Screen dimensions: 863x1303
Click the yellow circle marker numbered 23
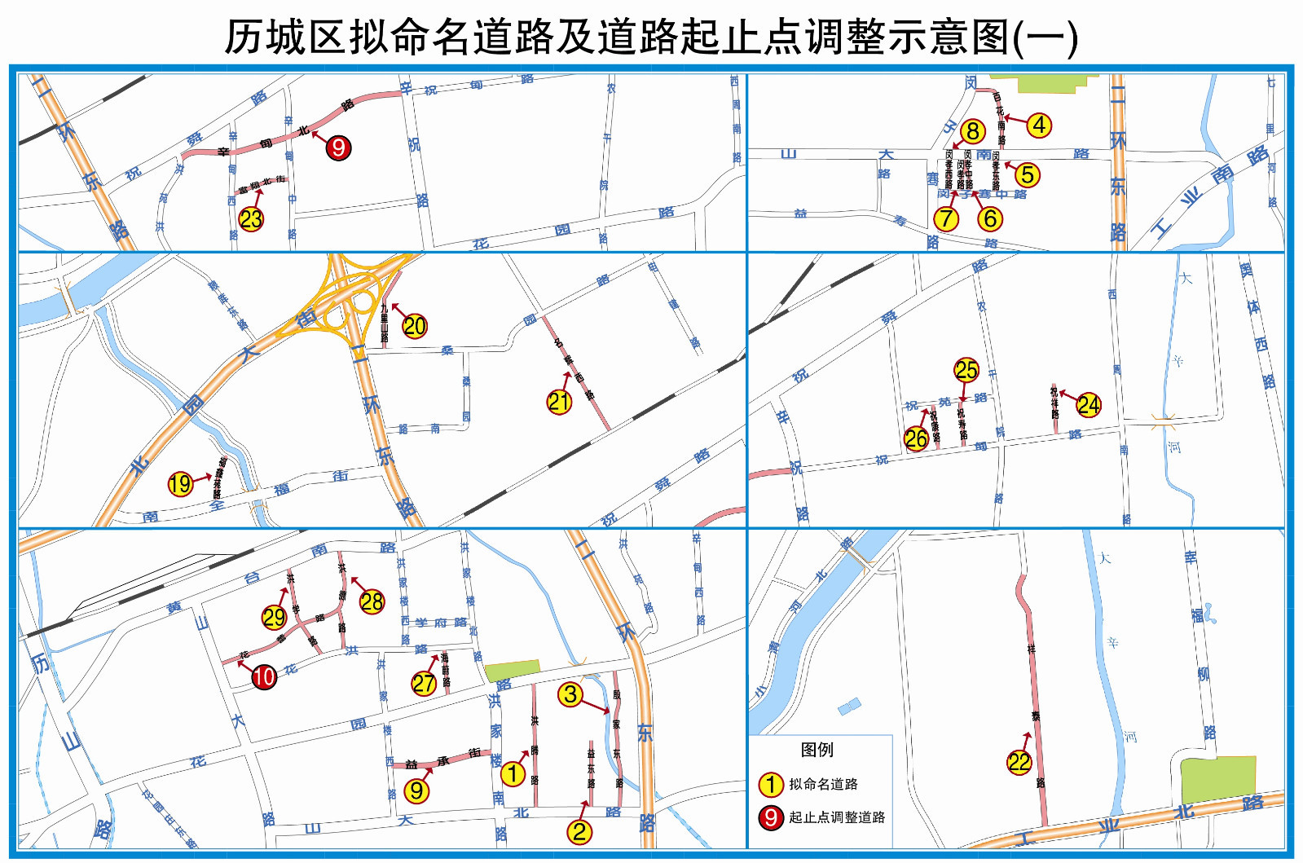click(x=251, y=218)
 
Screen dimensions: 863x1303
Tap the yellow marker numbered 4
click(x=1039, y=125)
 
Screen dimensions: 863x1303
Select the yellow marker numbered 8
click(x=972, y=131)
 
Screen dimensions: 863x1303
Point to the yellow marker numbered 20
click(x=415, y=326)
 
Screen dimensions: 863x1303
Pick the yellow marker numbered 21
click(x=559, y=401)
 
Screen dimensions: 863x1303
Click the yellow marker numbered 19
click(x=180, y=484)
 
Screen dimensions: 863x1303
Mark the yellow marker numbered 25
click(x=966, y=370)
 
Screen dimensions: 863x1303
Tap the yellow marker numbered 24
click(x=1089, y=404)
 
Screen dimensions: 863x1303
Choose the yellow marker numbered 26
click(x=916, y=438)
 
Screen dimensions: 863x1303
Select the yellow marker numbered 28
click(x=372, y=601)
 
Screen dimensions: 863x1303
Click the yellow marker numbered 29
click(x=274, y=618)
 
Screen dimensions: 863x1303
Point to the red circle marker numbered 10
click(x=264, y=676)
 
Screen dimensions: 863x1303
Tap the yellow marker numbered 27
click(x=424, y=683)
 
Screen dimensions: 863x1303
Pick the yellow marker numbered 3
click(x=570, y=694)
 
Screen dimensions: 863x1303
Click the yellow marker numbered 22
click(x=1019, y=762)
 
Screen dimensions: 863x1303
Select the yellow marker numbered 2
click(x=579, y=831)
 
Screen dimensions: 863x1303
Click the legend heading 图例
click(x=817, y=750)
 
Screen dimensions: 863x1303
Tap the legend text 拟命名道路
click(x=823, y=784)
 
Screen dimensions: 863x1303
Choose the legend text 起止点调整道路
click(x=837, y=817)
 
